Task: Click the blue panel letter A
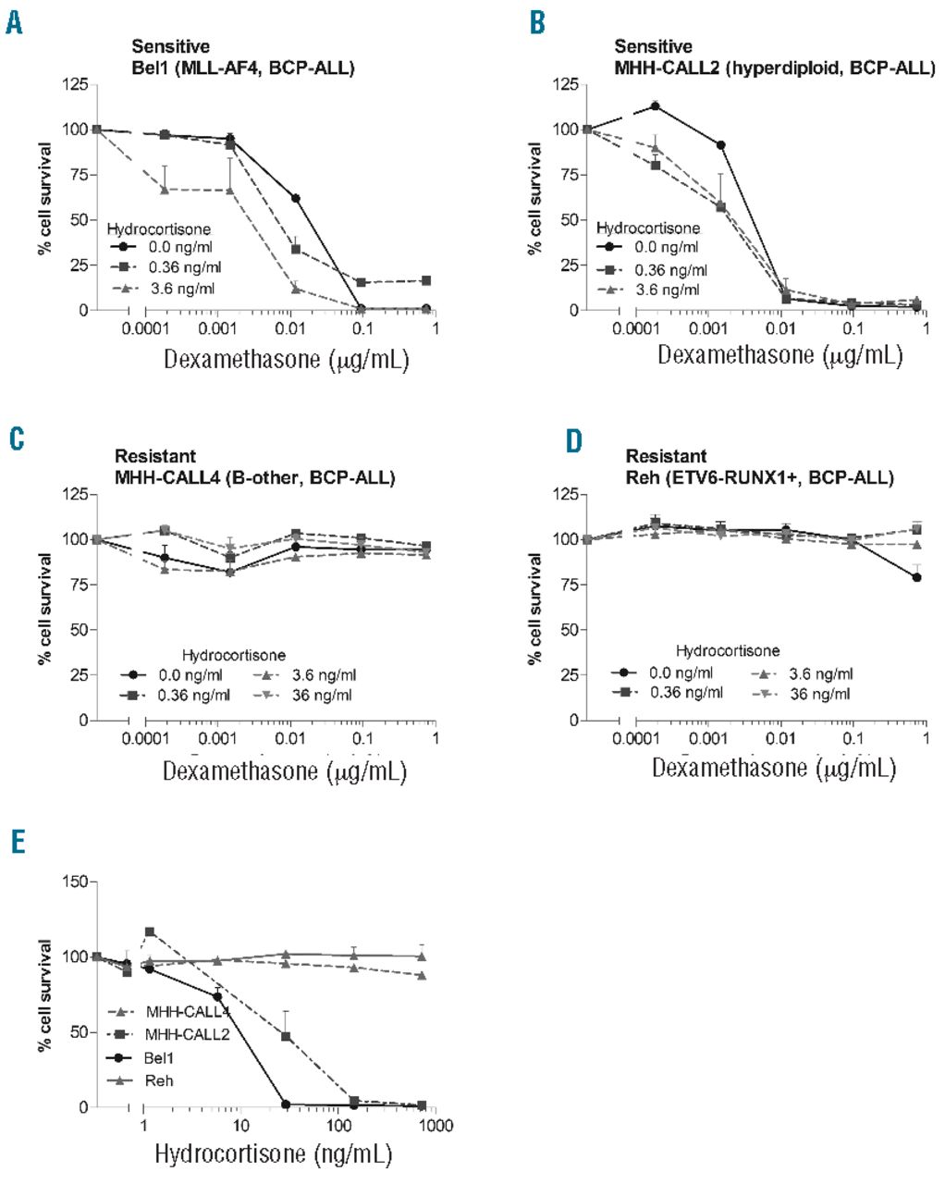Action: click(14, 21)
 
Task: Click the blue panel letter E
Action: click(15, 843)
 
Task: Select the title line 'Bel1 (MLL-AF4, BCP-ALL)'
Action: click(242, 68)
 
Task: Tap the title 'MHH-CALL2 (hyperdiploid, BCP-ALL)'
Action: click(775, 68)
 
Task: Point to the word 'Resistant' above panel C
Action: click(155, 456)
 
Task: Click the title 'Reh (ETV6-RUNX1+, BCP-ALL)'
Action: click(760, 478)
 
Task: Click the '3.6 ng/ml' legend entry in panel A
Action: click(182, 289)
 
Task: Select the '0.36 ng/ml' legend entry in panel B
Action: click(671, 269)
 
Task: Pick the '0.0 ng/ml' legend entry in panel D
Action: click(679, 672)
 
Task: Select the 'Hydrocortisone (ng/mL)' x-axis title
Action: click(273, 1154)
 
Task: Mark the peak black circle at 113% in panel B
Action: click(656, 105)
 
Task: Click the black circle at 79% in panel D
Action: click(917, 577)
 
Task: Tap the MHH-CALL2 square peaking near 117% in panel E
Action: click(150, 931)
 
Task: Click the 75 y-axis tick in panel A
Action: click(80, 175)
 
